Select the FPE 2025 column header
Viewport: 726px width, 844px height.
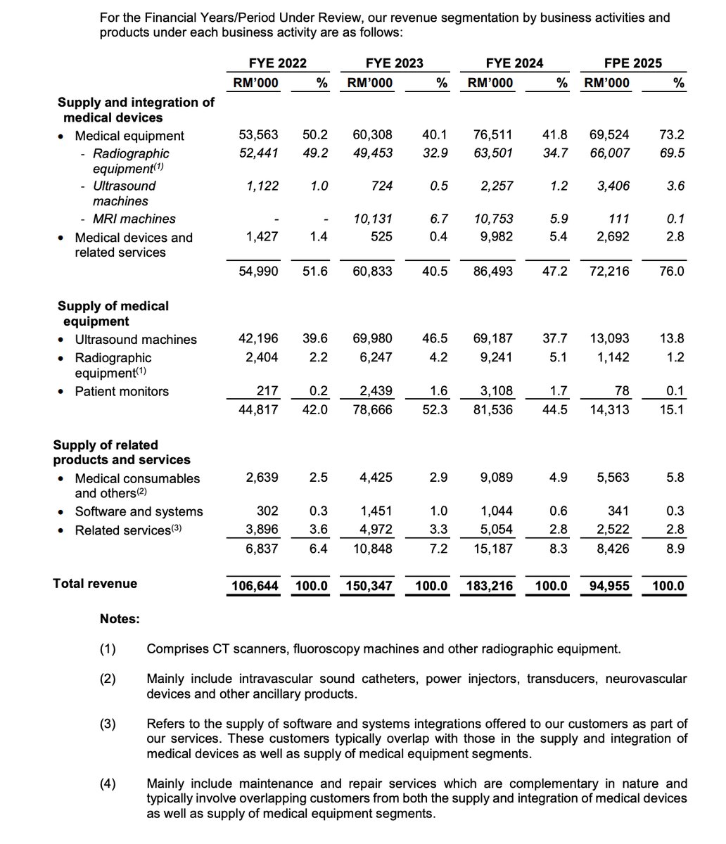pos(632,63)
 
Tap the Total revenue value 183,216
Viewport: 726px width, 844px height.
pos(491,585)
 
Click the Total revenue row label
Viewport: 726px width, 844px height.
pos(95,583)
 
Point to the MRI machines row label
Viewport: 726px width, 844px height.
pos(134,219)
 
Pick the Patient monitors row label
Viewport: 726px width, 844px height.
pos(122,391)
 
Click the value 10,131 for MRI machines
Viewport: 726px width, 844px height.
pos(375,219)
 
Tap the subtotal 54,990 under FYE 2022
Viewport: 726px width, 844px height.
pos(259,271)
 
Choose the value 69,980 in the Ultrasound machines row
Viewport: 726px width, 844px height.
pos(373,339)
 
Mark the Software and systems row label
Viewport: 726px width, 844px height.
pos(139,511)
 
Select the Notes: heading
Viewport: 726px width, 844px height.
pos(120,619)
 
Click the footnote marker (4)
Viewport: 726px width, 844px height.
pos(108,784)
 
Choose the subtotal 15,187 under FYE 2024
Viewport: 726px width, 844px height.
pos(492,548)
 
